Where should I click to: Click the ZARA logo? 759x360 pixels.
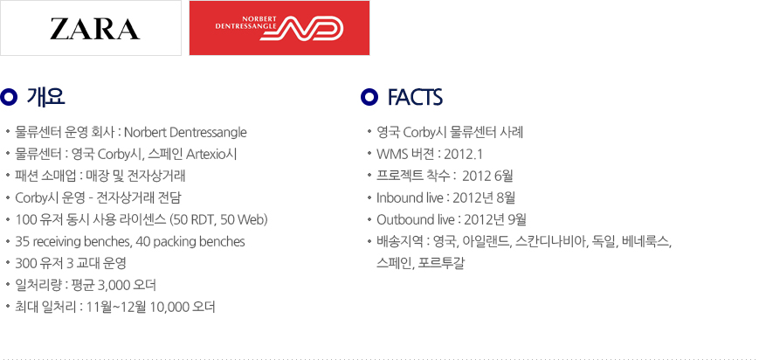(95, 29)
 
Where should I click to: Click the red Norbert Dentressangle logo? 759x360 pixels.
(279, 28)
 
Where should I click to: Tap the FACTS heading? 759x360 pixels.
(415, 98)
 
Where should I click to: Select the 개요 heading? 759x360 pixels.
(46, 97)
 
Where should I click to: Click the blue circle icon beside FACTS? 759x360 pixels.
(369, 98)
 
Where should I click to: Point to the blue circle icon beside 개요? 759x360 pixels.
(9, 98)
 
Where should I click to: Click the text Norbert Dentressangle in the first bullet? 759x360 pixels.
(185, 132)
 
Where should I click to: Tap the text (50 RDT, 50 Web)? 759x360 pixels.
(219, 220)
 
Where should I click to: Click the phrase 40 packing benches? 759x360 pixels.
(190, 242)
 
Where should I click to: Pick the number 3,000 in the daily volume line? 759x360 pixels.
(114, 286)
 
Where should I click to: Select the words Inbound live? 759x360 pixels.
(410, 198)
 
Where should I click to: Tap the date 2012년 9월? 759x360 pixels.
(494, 220)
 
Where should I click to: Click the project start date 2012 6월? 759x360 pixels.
(487, 177)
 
